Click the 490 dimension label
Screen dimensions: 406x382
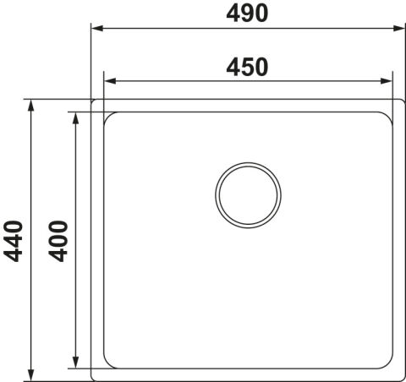tap(247, 14)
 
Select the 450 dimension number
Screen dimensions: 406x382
tap(247, 67)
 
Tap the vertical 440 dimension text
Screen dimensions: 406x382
tap(13, 241)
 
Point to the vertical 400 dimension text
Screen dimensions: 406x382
tap(58, 241)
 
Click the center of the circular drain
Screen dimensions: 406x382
tap(248, 195)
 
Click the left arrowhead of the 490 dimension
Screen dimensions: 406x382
tap(97, 28)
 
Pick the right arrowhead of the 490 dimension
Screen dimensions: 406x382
tap(399, 28)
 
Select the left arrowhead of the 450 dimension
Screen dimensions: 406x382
tap(110, 81)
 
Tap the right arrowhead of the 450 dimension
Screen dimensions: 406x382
tap(386, 81)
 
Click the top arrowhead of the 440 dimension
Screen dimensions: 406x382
tap(31, 106)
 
